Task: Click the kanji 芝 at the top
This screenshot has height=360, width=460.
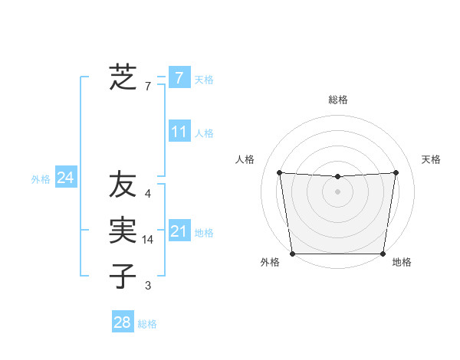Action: pos(122,77)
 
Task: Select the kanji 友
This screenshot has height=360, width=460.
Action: pos(123,185)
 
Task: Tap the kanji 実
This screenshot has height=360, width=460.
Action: pos(123,231)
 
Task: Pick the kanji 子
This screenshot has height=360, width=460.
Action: pos(123,276)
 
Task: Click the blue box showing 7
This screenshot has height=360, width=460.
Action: pos(179,77)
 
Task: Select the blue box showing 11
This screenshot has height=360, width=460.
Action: pos(179,132)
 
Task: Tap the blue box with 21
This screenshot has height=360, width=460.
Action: pos(179,231)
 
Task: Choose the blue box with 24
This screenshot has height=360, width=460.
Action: pos(65,178)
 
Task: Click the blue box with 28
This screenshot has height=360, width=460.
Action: pos(122,322)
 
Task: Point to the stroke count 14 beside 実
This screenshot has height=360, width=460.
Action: pos(149,241)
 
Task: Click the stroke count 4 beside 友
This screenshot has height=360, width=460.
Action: pos(148,195)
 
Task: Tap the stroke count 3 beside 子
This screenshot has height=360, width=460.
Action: pos(148,286)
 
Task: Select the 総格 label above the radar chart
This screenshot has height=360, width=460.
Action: pos(337,100)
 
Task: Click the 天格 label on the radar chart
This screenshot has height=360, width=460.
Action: pos(431,159)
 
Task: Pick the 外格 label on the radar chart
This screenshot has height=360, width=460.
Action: pos(270,263)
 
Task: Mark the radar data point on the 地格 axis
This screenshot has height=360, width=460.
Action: pos(383,254)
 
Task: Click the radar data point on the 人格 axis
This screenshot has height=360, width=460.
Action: pos(279,172)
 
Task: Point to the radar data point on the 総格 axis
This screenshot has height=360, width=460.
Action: pos(337,177)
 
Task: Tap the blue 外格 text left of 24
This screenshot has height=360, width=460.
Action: pos(41,179)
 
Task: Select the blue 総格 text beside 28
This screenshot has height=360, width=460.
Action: pos(147,324)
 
